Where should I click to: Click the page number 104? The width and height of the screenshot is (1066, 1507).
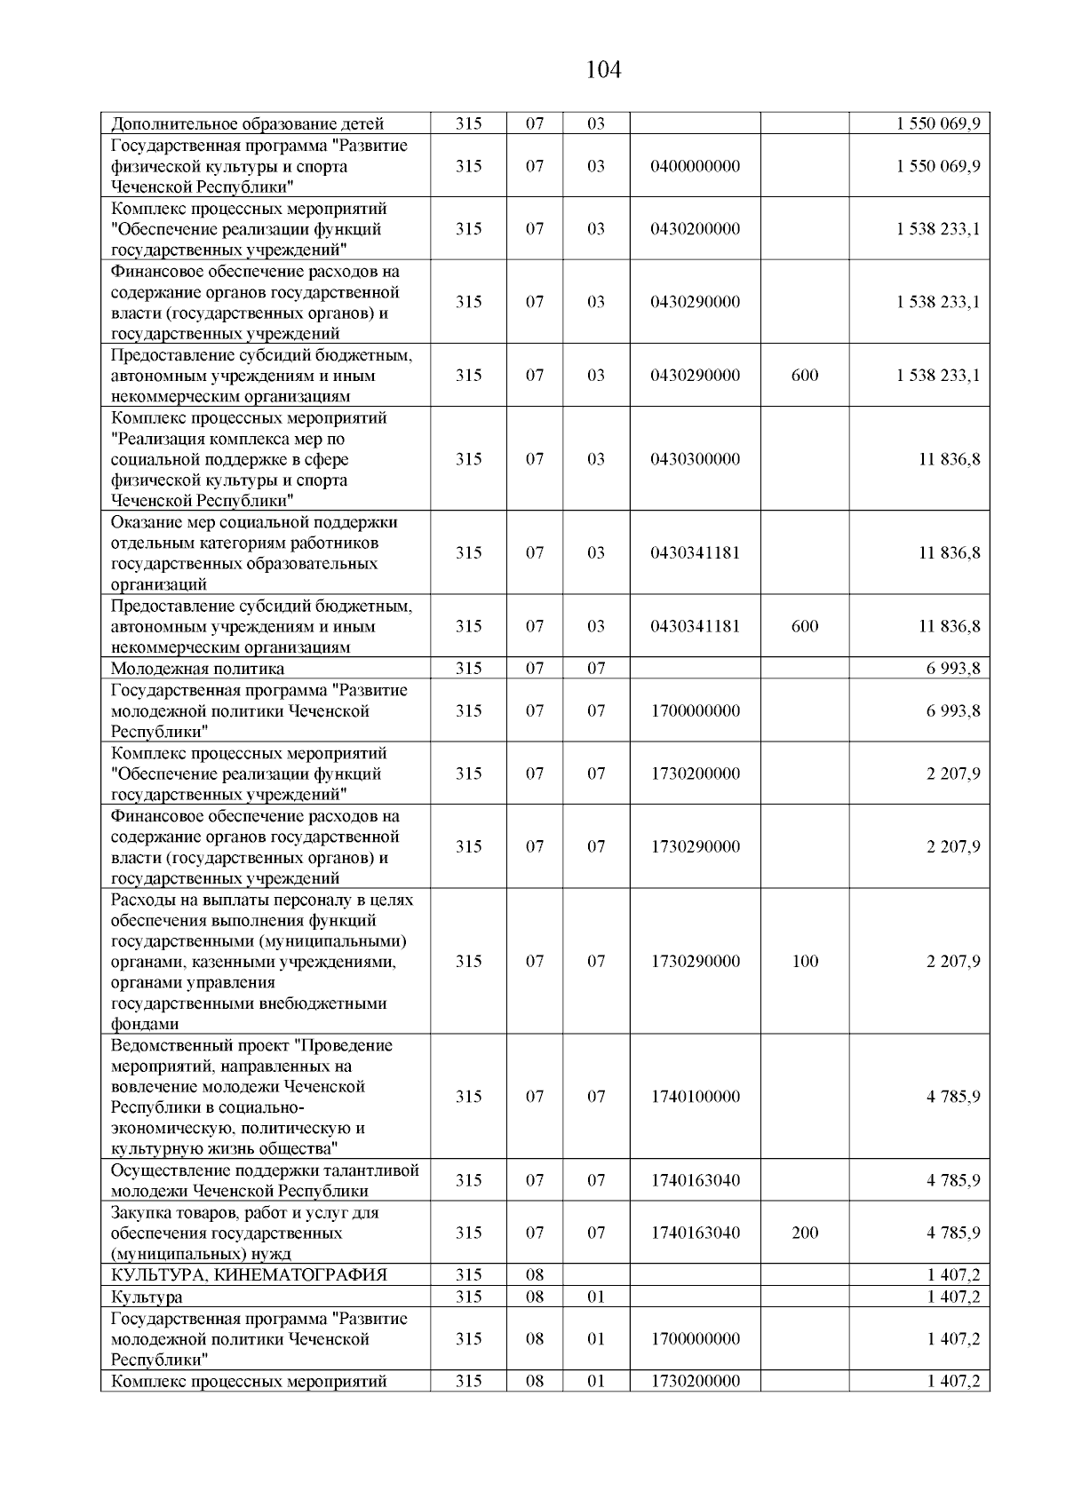pyautogui.click(x=604, y=69)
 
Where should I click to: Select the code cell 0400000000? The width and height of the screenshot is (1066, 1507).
pyautogui.click(x=695, y=166)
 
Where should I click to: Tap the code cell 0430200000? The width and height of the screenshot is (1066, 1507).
pyautogui.click(x=695, y=229)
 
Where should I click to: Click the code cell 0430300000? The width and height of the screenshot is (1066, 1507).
pyautogui.click(x=695, y=459)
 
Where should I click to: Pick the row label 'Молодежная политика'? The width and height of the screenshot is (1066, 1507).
pyautogui.click(x=197, y=669)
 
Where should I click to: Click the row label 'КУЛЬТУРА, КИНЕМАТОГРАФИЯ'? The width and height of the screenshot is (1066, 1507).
pyautogui.click(x=249, y=1275)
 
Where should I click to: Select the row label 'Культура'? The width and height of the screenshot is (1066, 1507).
pyautogui.click(x=147, y=1297)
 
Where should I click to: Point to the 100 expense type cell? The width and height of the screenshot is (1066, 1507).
pyautogui.click(x=805, y=961)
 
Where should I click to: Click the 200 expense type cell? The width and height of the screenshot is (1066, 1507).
pyautogui.click(x=805, y=1233)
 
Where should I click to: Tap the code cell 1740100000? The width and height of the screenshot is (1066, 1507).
pyautogui.click(x=695, y=1097)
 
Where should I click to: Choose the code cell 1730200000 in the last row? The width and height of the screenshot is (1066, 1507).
pyautogui.click(x=695, y=1381)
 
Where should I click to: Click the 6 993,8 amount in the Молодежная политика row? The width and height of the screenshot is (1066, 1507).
pyautogui.click(x=953, y=669)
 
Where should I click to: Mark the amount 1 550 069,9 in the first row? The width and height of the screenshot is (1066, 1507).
pyautogui.click(x=938, y=124)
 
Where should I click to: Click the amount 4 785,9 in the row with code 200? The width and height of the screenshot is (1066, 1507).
pyautogui.click(x=953, y=1233)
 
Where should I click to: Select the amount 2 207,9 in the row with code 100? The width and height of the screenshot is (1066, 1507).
pyautogui.click(x=953, y=961)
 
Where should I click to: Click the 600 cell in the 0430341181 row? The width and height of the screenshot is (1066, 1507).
pyautogui.click(x=805, y=626)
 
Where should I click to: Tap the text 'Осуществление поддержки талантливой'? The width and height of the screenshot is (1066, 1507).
pyautogui.click(x=264, y=1170)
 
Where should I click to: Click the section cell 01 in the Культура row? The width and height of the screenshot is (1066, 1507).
pyautogui.click(x=596, y=1297)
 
